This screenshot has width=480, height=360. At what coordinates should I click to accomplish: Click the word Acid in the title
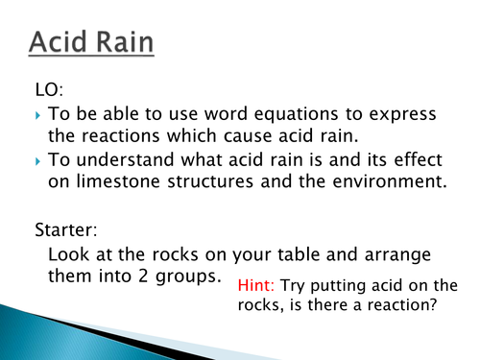61,43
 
